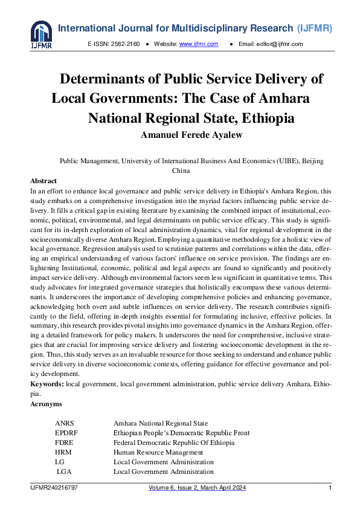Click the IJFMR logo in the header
coord(42,36)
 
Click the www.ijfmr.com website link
coord(198,44)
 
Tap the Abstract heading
coord(43,181)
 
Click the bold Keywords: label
coord(47,384)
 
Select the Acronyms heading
coord(46,403)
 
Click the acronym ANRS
coord(65,423)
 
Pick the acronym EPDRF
coord(66,433)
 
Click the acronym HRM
coord(63,452)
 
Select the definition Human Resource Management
coord(158,452)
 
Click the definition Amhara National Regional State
coord(161,423)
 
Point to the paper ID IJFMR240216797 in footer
coord(54,488)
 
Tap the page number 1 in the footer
coord(330,488)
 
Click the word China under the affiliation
coord(181,170)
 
